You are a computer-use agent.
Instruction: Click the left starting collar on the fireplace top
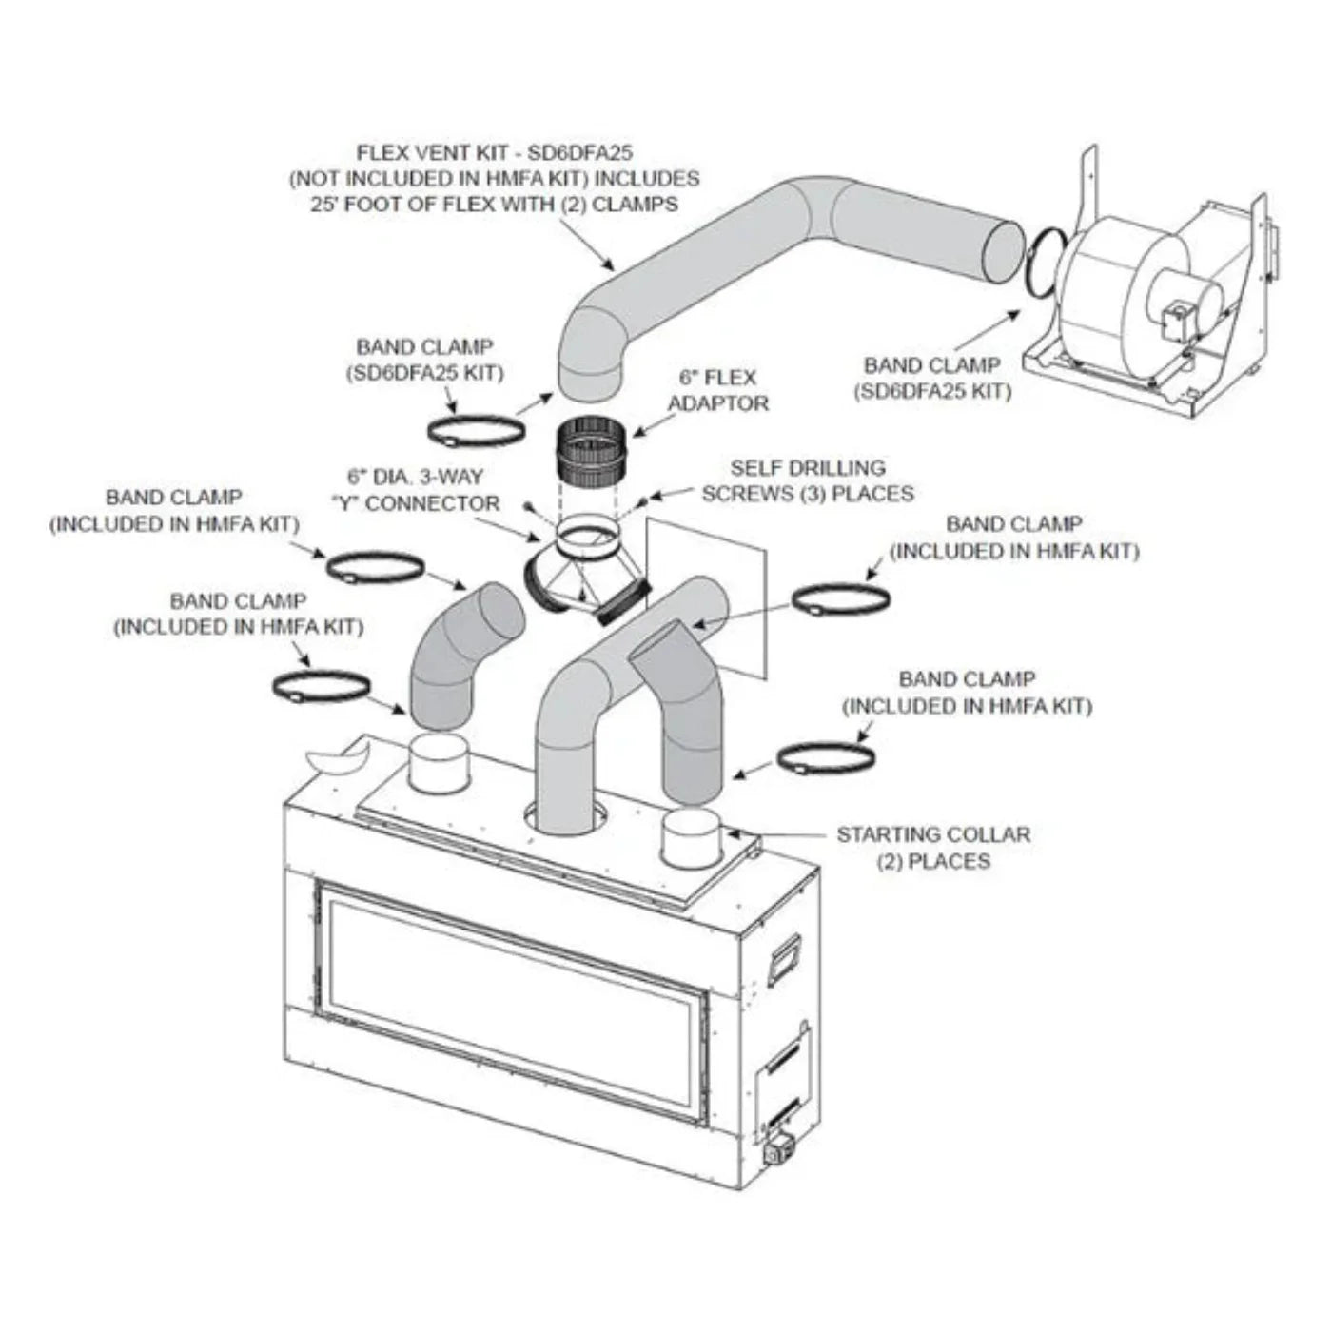(440, 761)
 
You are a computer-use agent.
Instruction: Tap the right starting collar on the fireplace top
(692, 837)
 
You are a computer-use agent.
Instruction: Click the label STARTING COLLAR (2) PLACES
(932, 848)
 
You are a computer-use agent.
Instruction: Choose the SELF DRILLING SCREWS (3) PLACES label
(808, 480)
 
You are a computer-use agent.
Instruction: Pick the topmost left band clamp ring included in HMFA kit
(375, 569)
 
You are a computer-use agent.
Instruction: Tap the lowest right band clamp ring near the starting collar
(826, 757)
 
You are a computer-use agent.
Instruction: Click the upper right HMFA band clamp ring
(840, 600)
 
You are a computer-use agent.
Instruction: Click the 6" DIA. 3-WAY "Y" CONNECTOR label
(423, 489)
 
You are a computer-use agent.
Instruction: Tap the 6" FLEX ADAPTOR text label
(718, 390)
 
